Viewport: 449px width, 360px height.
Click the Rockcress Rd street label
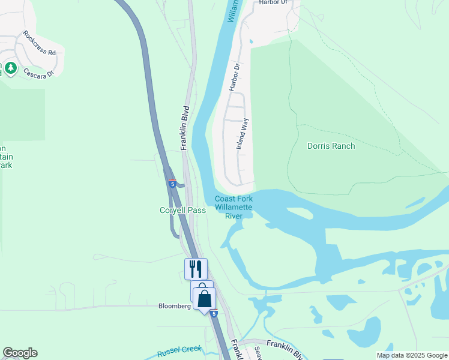[x=39, y=44]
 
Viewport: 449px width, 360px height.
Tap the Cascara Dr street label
[x=39, y=72]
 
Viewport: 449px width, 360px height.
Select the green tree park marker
[x=11, y=68]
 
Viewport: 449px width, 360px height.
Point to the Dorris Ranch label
[x=331, y=146]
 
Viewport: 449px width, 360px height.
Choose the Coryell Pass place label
[x=182, y=210]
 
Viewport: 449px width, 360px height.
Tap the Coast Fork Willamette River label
[x=234, y=208]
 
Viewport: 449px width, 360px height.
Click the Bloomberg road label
[x=174, y=305]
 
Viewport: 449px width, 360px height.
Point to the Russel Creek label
[x=178, y=352]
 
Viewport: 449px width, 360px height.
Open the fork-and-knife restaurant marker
[x=196, y=268]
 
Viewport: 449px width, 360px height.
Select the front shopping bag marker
[x=204, y=298]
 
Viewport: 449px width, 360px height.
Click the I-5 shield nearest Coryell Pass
[x=172, y=184]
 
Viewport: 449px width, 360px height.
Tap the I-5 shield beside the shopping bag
[x=214, y=313]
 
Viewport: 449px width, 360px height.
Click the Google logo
[x=20, y=353]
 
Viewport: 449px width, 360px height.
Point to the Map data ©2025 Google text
[x=411, y=355]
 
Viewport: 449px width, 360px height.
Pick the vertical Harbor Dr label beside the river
[x=234, y=77]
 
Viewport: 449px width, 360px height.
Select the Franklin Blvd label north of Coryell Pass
[x=185, y=127]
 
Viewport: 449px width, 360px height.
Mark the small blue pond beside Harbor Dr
[x=250, y=41]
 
